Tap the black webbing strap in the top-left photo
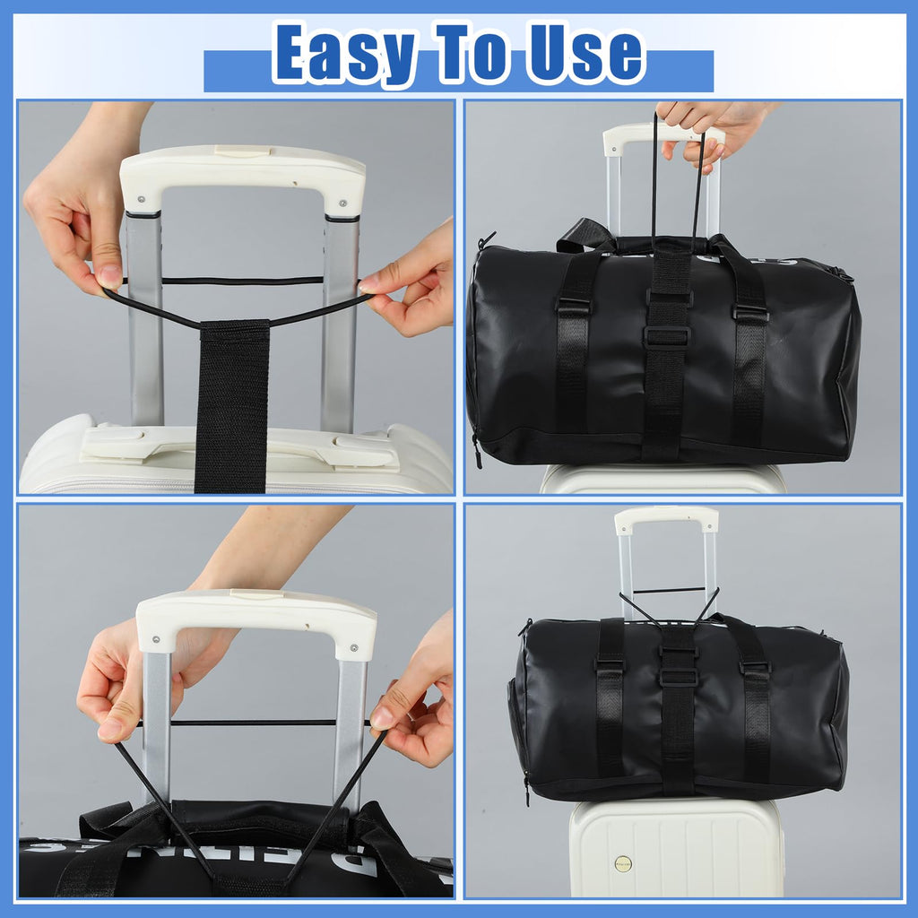coord(232,406)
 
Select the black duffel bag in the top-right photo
coord(664,348)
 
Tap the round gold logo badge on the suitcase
coord(623,863)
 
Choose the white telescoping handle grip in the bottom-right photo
coord(666,519)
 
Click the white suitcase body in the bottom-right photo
coord(678,847)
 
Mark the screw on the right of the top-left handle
coord(342,204)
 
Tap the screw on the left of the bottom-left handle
coord(156,639)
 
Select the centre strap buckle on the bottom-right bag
coord(680,678)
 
